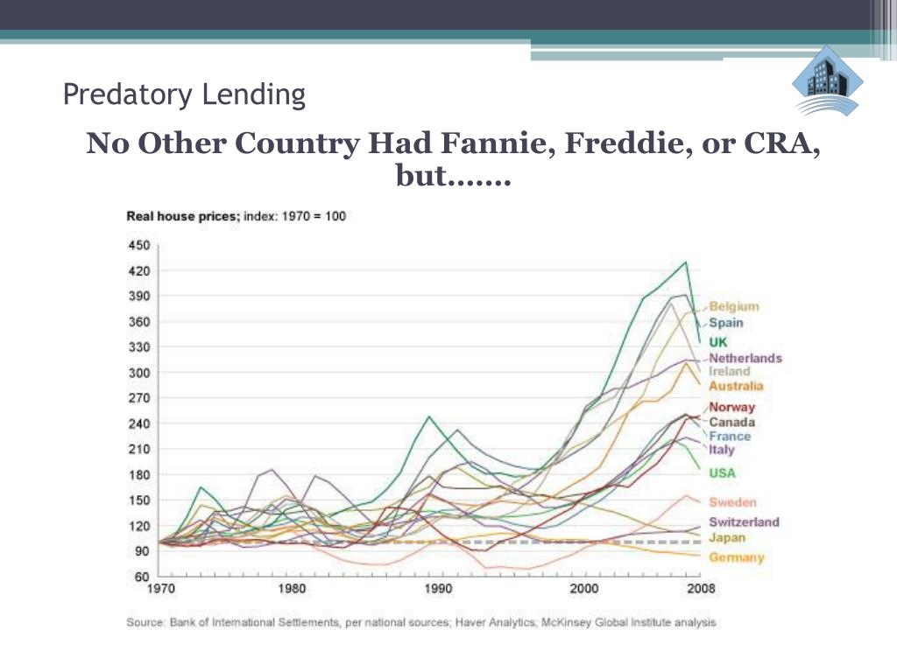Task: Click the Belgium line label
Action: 734,306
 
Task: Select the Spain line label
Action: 725,322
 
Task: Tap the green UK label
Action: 718,342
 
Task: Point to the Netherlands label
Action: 745,358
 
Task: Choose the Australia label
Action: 736,386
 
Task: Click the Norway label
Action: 731,407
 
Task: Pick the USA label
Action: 723,473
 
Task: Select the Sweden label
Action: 731,502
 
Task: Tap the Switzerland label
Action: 744,522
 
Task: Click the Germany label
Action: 736,557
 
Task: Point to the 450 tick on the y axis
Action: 140,245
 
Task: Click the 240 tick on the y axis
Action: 140,423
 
